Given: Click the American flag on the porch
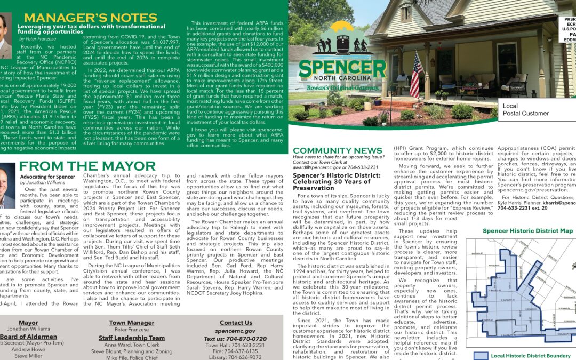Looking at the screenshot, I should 415,75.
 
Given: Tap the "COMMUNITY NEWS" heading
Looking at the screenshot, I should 337,151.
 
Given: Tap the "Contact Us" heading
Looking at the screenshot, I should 236,323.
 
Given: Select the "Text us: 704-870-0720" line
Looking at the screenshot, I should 235,339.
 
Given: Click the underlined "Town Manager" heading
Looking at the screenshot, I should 131,323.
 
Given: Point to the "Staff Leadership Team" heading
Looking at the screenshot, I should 132,338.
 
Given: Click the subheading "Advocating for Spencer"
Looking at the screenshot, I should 47,177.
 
